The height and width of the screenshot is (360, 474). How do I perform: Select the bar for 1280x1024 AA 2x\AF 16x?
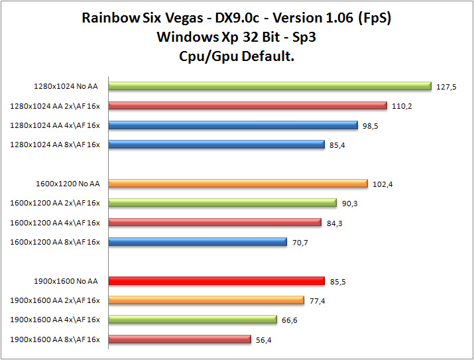click(x=247, y=105)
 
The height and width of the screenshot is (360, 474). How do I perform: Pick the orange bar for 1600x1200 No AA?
click(x=237, y=184)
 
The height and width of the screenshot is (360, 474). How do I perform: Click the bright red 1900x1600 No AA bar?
click(x=216, y=281)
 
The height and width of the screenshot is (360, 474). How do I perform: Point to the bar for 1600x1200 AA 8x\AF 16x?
click(x=197, y=242)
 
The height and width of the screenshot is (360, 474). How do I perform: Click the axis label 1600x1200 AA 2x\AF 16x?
click(x=55, y=204)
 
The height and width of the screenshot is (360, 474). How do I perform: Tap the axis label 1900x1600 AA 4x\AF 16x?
click(x=55, y=320)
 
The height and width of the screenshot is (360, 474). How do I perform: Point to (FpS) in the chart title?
click(x=375, y=18)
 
